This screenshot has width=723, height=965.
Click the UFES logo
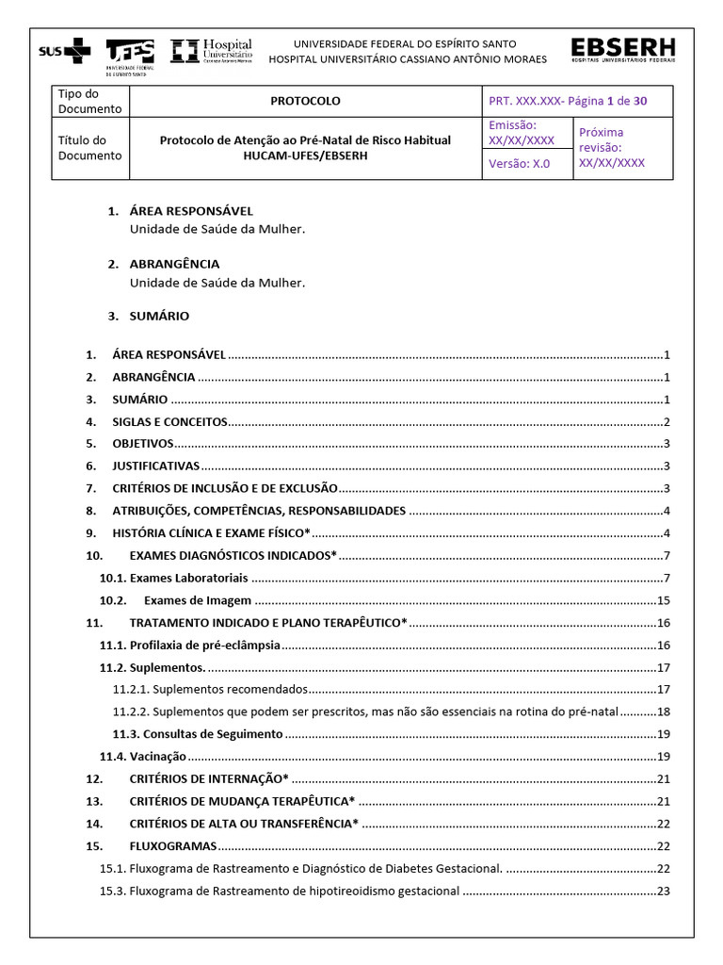131,54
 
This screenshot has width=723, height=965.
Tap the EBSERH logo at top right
622,51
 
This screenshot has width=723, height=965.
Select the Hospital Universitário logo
212,51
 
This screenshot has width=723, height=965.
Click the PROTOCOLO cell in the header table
305,101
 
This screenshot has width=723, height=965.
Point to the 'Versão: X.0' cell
519,163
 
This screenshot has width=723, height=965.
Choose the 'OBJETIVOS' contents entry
143,443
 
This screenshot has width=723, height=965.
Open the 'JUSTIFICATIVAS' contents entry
156,466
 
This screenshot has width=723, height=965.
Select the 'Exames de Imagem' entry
198,600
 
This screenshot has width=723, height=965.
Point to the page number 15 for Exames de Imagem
663,600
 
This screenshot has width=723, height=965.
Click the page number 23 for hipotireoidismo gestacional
663,891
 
